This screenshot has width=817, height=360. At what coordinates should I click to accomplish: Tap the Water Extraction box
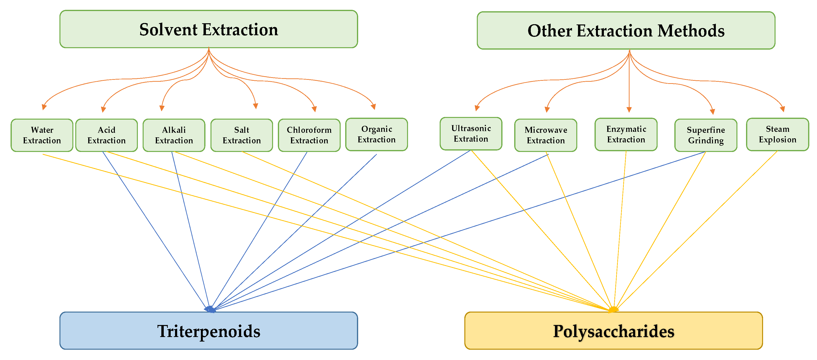tap(42, 135)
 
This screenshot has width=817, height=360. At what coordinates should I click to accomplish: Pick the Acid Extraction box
tap(107, 135)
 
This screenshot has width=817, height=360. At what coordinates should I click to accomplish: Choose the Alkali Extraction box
tap(174, 135)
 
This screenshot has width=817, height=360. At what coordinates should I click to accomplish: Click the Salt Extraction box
tap(242, 135)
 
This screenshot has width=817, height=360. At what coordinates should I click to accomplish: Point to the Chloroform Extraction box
tap(309, 135)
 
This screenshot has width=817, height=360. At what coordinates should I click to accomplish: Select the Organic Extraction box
tap(376, 134)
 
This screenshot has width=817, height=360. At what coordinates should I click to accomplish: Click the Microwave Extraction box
tap(546, 135)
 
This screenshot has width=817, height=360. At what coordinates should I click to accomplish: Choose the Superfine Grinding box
tap(706, 135)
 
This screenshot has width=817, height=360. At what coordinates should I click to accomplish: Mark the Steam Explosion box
tap(777, 134)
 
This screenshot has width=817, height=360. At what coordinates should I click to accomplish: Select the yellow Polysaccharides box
tap(613, 331)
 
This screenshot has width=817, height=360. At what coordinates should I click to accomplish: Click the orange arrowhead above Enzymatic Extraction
tap(629, 110)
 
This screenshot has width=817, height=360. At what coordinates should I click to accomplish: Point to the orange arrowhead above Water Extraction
tap(44, 107)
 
